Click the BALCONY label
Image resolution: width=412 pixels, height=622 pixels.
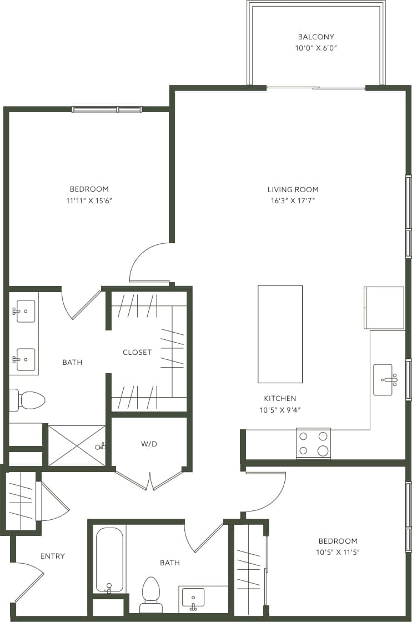(316, 37)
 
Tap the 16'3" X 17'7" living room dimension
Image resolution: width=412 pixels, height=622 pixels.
(293, 201)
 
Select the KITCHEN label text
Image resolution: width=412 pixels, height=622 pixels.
(280, 398)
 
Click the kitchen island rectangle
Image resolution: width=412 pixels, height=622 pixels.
(280, 334)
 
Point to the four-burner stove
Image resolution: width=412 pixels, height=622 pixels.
(313, 443)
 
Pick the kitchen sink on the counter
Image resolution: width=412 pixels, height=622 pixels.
(383, 379)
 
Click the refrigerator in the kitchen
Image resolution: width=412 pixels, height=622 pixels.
(384, 308)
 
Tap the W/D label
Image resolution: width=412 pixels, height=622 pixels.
(149, 444)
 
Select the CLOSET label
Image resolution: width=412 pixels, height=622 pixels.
(137, 352)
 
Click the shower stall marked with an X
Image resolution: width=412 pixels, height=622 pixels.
(77, 445)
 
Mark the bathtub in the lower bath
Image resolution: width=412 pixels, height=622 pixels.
(109, 559)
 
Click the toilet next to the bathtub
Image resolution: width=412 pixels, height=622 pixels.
(151, 593)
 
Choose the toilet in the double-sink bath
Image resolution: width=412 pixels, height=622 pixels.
(28, 400)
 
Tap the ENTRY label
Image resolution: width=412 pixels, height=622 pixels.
(53, 556)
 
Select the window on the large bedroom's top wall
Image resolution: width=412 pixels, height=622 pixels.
(107, 109)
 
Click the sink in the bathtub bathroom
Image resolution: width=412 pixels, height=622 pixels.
(193, 599)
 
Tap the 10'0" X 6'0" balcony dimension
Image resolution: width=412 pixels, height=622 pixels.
(316, 48)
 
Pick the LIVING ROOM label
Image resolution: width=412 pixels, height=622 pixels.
(293, 189)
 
